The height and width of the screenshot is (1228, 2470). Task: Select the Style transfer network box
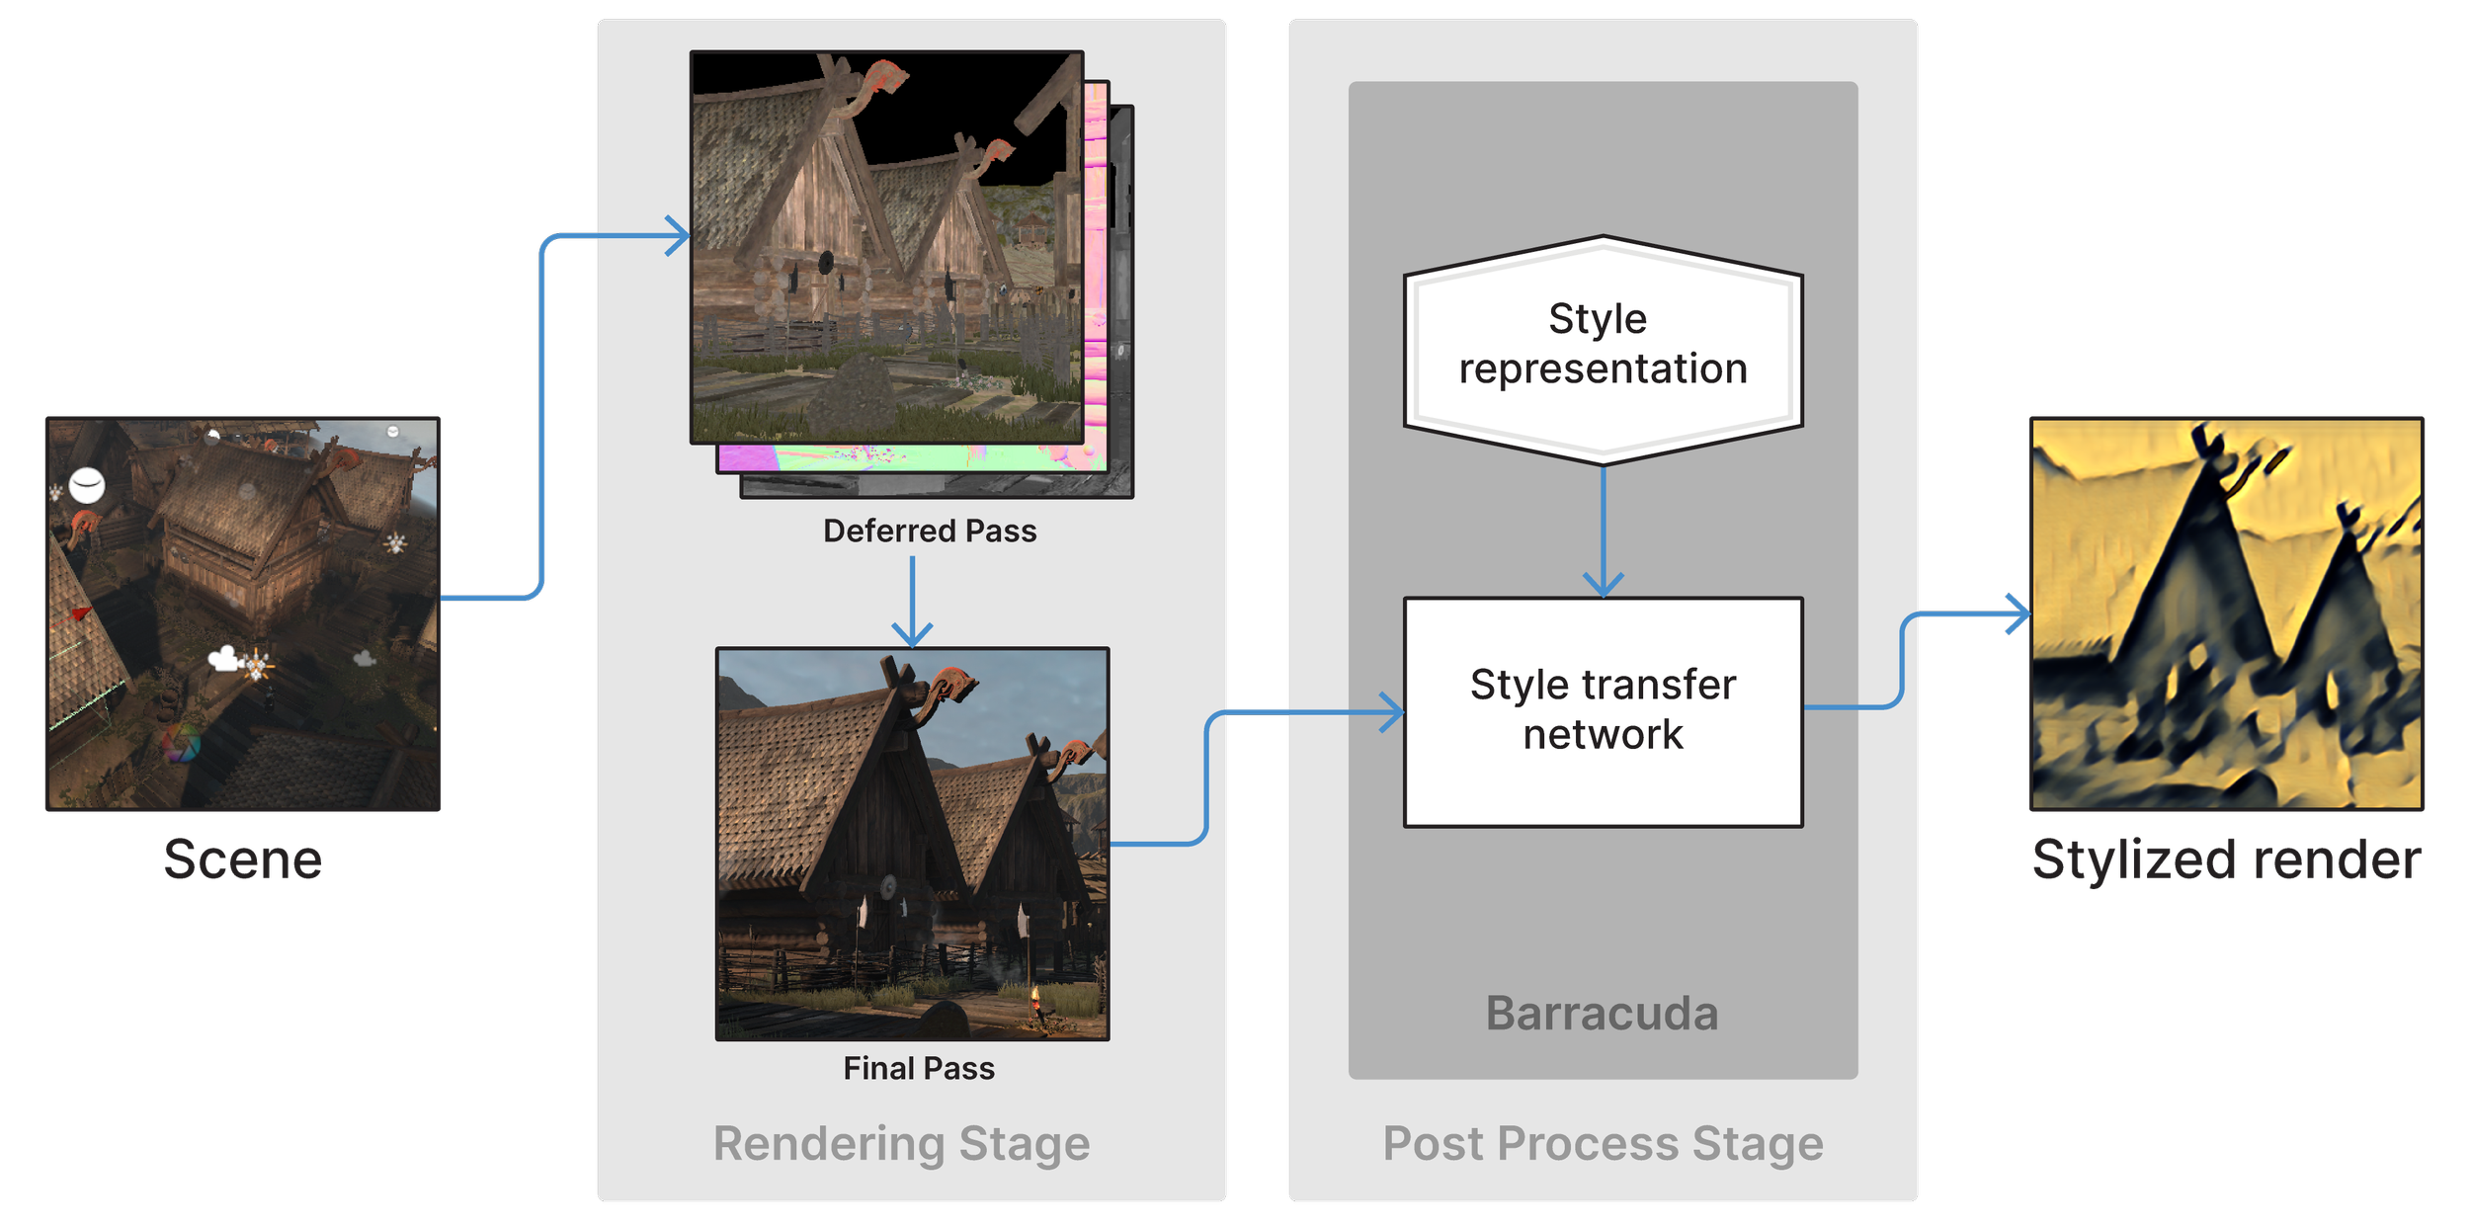click(x=1603, y=711)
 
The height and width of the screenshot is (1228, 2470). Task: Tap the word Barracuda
click(x=1602, y=1014)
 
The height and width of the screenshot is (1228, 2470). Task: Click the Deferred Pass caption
click(x=930, y=532)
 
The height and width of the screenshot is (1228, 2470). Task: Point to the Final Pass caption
click(x=919, y=1068)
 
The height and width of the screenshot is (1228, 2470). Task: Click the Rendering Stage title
click(x=901, y=1144)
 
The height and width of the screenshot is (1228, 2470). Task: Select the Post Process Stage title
click(x=1603, y=1144)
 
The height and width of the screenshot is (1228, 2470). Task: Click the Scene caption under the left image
click(x=243, y=860)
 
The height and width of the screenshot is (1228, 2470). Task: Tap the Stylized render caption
click(x=2227, y=860)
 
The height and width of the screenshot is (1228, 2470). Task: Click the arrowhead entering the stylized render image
click(x=2019, y=614)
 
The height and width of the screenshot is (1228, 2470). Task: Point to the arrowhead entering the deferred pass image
click(x=680, y=236)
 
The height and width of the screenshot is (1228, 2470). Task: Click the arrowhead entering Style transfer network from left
click(x=1393, y=711)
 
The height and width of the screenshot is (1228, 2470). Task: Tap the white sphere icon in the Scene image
click(x=87, y=485)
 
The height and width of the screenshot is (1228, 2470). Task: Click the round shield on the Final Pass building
click(x=887, y=886)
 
